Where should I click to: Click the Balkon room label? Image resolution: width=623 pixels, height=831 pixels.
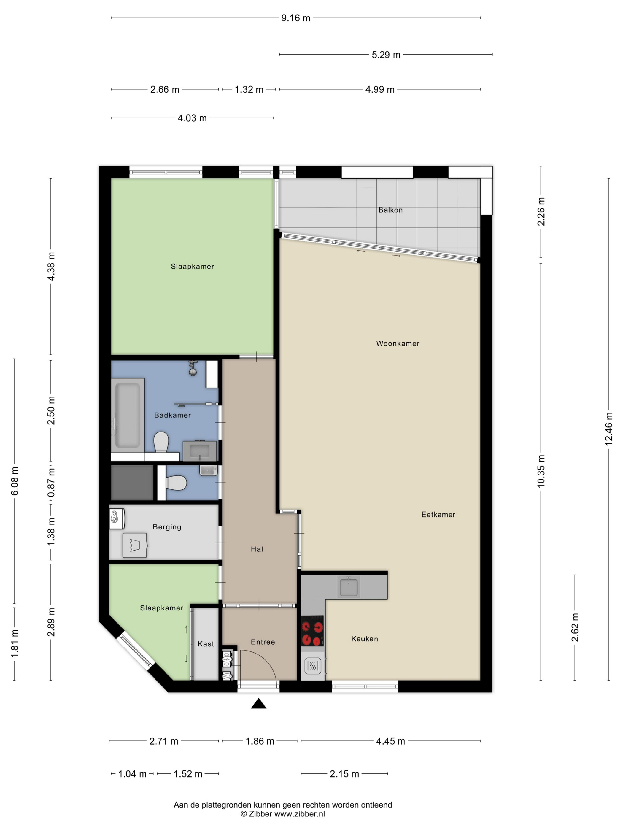[x=390, y=210]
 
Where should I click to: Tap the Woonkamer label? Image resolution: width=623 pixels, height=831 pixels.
[x=398, y=343]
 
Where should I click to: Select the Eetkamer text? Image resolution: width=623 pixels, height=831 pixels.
[x=438, y=514]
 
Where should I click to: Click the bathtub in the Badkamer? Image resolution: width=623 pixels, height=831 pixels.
[x=128, y=415]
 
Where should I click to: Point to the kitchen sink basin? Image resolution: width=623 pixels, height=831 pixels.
[x=349, y=587]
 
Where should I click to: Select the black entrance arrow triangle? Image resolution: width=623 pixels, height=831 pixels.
[x=258, y=703]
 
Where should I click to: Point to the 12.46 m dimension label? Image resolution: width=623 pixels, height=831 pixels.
[x=608, y=429]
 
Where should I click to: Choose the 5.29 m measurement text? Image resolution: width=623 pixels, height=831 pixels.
[x=386, y=55]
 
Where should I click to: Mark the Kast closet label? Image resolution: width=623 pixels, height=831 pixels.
[x=206, y=644]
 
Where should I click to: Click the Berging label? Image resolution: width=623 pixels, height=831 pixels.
[x=167, y=527]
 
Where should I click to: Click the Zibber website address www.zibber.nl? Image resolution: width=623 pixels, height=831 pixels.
[x=299, y=814]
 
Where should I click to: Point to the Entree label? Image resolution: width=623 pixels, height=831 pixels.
[x=263, y=642]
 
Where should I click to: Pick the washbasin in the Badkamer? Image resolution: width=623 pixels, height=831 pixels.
[x=200, y=451]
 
